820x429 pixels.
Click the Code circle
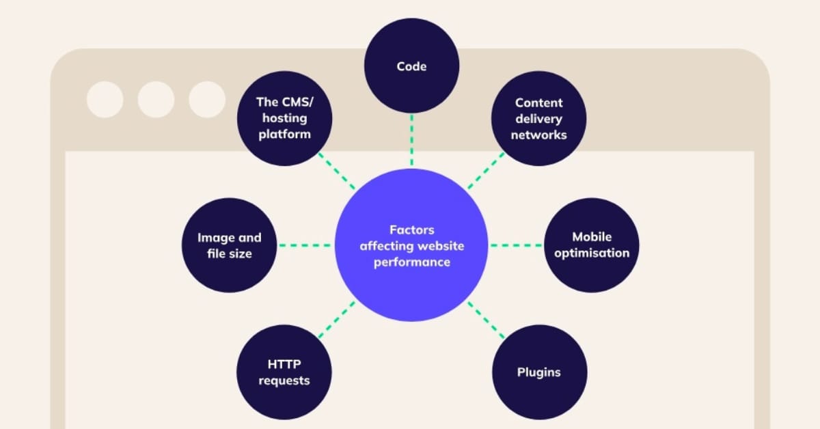(411, 66)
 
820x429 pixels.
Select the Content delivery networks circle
(539, 118)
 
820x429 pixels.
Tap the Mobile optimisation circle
(591, 245)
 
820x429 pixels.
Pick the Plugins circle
(539, 372)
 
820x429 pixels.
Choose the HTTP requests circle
(284, 372)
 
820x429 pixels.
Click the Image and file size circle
(229, 245)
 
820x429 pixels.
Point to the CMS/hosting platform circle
(284, 118)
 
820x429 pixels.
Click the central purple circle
(411, 245)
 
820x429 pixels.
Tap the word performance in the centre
(411, 262)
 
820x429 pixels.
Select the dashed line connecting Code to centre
(411, 141)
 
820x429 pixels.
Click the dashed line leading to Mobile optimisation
(516, 245)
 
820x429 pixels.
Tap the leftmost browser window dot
(105, 100)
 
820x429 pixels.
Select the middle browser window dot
(156, 100)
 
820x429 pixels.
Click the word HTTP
(284, 365)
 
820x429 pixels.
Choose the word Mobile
(592, 237)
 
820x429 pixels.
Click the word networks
(539, 135)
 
